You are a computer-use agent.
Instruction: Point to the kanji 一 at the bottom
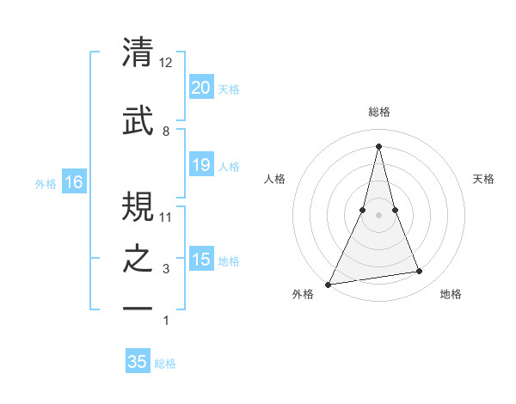[138, 308]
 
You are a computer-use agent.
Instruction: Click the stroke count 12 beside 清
[166, 63]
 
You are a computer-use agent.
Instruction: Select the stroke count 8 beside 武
[166, 131]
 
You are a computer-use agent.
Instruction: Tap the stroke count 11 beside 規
[166, 217]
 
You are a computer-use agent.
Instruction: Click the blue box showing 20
[200, 88]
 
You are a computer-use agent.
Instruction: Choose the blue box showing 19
[200, 165]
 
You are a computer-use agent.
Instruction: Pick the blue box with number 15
[200, 260]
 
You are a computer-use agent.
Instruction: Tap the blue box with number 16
[74, 182]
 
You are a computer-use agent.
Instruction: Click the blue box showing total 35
[138, 362]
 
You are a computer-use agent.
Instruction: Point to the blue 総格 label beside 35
[165, 364]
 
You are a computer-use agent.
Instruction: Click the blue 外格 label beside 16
[46, 183]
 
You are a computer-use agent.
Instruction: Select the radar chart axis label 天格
[484, 179]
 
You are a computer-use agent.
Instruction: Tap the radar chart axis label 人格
[274, 179]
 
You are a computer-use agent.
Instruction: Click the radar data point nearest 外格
[329, 284]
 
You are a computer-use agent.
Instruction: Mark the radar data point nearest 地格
[420, 272]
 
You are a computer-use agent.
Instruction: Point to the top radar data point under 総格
[378, 146]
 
